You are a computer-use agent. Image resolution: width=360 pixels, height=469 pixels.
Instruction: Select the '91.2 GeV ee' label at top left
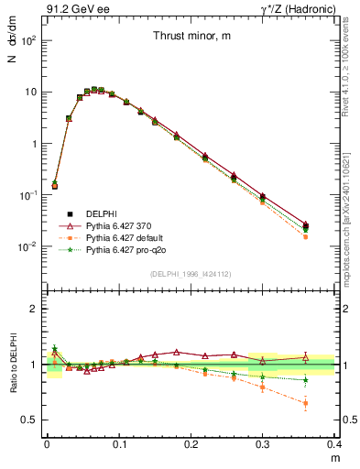click(72, 8)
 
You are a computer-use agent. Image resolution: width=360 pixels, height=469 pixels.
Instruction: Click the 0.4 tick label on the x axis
click(334, 444)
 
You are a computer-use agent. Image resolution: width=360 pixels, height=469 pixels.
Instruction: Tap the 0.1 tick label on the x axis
click(119, 444)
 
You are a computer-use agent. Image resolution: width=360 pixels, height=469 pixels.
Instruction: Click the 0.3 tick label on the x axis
click(263, 444)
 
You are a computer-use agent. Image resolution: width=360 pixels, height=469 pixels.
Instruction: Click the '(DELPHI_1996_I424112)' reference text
click(190, 275)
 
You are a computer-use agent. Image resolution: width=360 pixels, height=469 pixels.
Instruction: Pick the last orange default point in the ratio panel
click(306, 403)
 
